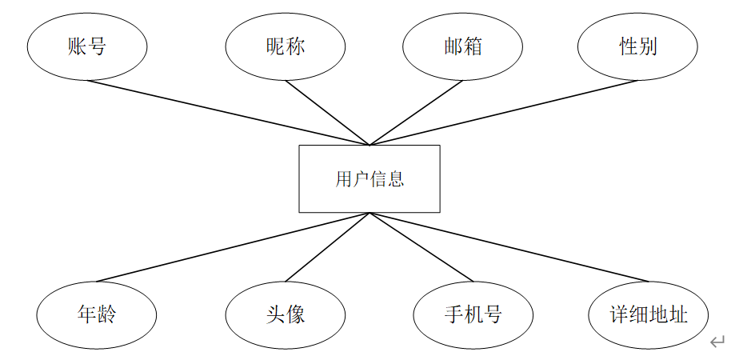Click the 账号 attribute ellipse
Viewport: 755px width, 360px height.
click(x=87, y=46)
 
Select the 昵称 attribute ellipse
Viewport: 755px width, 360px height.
click(x=285, y=46)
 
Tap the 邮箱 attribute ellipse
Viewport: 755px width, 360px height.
click(x=462, y=46)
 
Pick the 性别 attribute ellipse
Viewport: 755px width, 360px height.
click(x=637, y=46)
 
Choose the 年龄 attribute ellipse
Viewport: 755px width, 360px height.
click(x=96, y=314)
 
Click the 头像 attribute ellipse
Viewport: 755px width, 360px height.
click(x=285, y=314)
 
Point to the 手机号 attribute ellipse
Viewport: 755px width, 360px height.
click(x=473, y=314)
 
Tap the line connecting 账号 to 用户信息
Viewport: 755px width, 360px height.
click(x=229, y=113)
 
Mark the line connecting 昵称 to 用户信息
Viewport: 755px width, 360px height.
click(x=327, y=113)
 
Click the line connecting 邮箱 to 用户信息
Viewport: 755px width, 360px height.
click(x=416, y=113)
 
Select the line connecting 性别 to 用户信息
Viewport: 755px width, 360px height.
click(x=504, y=113)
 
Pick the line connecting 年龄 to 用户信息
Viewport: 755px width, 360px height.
click(x=233, y=247)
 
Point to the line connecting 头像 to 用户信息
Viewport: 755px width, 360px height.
click(x=327, y=247)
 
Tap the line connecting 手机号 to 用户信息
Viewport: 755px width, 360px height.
click(x=421, y=247)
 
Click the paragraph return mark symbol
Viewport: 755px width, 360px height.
click(x=717, y=342)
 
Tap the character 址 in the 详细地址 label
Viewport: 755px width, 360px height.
click(x=678, y=314)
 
